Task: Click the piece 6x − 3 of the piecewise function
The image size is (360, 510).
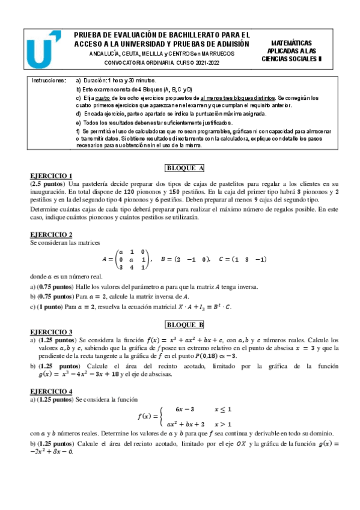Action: (184, 409)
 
